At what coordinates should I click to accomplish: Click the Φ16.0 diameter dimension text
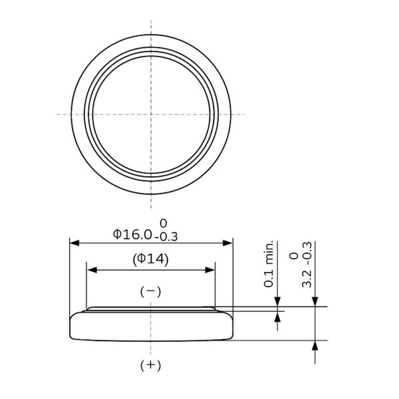132,234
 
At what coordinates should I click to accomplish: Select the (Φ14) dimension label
151,259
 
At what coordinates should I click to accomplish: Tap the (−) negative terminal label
151,292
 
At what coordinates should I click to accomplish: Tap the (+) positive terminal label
151,365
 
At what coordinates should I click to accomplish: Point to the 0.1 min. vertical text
269,263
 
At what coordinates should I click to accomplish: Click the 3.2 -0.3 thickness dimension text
307,265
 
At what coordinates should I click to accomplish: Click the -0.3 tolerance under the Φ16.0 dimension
166,237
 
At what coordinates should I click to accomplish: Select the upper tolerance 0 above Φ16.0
163,223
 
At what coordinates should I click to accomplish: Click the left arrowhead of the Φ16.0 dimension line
74,243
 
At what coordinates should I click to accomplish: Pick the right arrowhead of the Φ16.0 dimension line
227,243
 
